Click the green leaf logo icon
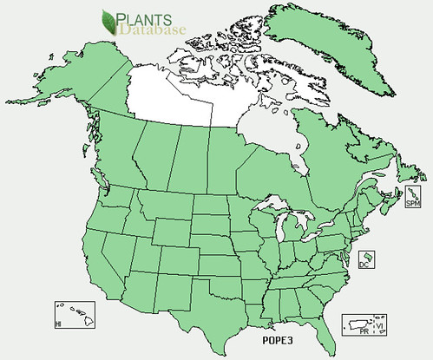pos(109,19)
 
